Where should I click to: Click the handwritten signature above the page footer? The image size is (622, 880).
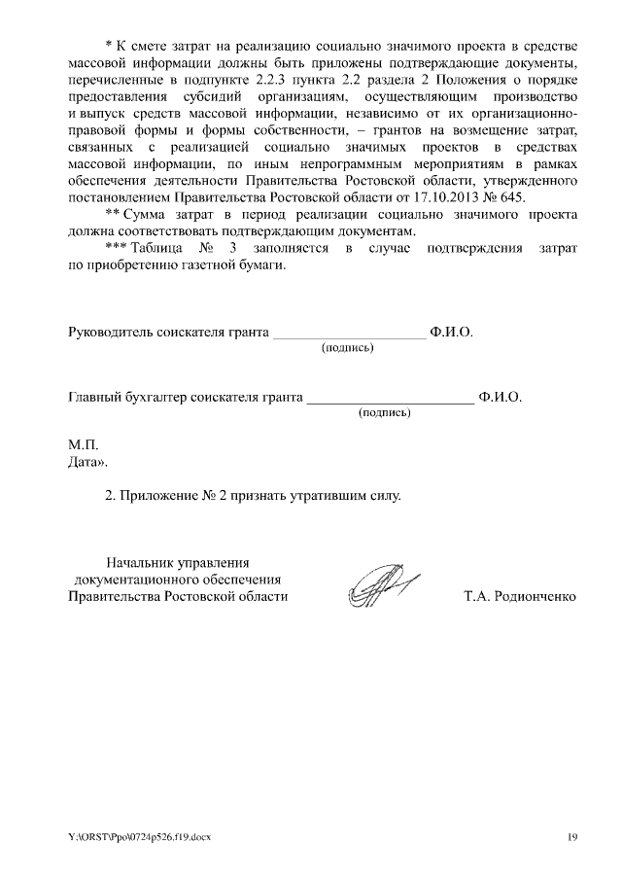coord(381,586)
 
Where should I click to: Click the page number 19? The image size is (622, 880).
coord(573,836)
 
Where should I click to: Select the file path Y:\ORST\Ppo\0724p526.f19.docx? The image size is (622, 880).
coord(139,836)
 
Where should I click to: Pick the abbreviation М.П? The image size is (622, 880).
coord(81,443)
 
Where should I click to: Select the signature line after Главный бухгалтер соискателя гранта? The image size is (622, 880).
coord(390,399)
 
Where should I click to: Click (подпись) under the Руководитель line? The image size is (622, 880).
coord(348,347)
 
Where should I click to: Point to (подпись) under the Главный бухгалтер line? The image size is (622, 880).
coord(385,412)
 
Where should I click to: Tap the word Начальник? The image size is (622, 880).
coord(139,562)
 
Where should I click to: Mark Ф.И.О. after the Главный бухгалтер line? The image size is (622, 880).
coord(501,398)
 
